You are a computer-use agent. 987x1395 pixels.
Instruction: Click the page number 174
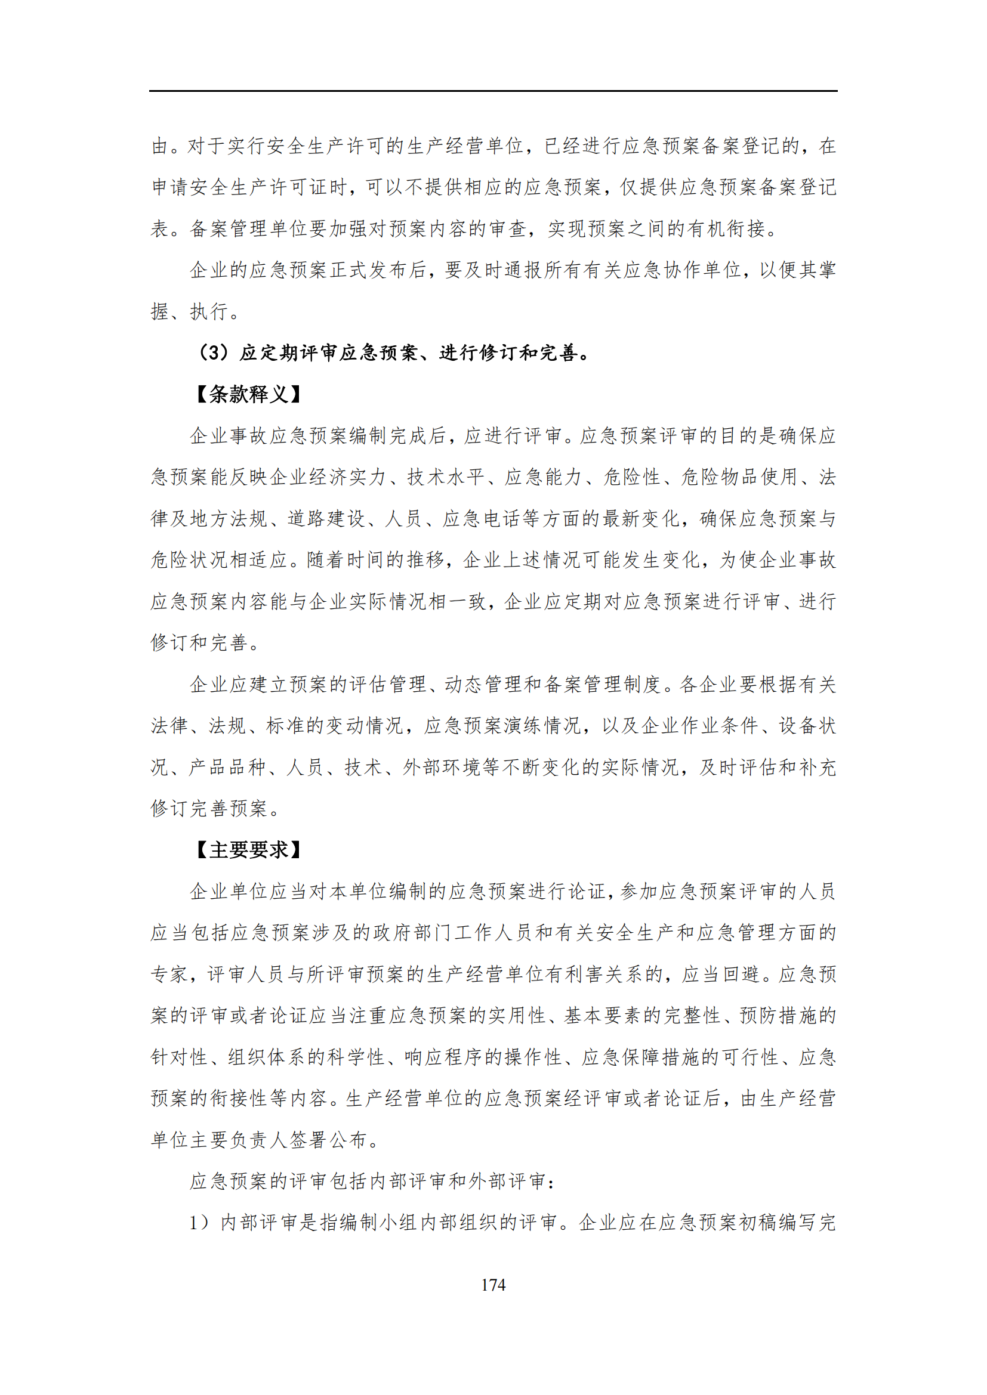pyautogui.click(x=493, y=1285)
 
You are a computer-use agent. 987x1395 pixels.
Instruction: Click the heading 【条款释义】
pyautogui.click(x=249, y=395)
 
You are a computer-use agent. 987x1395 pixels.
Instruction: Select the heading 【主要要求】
pyautogui.click(x=249, y=849)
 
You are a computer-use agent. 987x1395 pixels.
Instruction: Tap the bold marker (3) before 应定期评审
pyautogui.click(x=214, y=353)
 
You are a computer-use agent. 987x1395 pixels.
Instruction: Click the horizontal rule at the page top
pyautogui.click(x=493, y=92)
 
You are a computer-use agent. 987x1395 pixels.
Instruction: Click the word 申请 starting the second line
pyautogui.click(x=170, y=187)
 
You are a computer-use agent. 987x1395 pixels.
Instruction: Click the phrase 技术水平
pyautogui.click(x=446, y=478)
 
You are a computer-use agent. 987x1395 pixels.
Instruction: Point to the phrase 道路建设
pyautogui.click(x=327, y=519)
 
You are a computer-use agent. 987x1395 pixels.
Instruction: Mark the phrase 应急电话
pyautogui.click(x=482, y=519)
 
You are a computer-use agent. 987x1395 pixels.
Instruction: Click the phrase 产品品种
pyautogui.click(x=228, y=768)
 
